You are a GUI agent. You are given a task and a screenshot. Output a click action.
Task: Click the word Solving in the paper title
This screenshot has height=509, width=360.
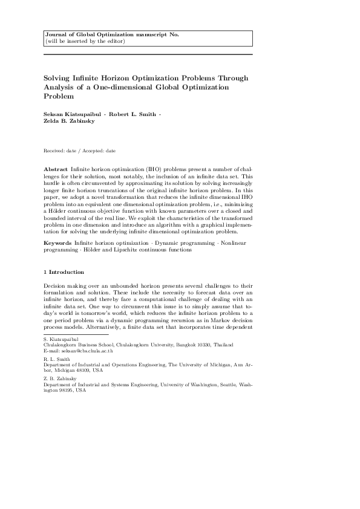click(x=58, y=78)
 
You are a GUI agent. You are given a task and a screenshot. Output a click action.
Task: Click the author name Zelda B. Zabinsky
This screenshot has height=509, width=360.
click(x=70, y=121)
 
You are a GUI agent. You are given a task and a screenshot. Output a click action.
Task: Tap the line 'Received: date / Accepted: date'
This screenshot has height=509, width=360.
click(x=80, y=150)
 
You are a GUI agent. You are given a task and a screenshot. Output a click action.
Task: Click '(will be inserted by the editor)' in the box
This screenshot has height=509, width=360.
click(x=85, y=41)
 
